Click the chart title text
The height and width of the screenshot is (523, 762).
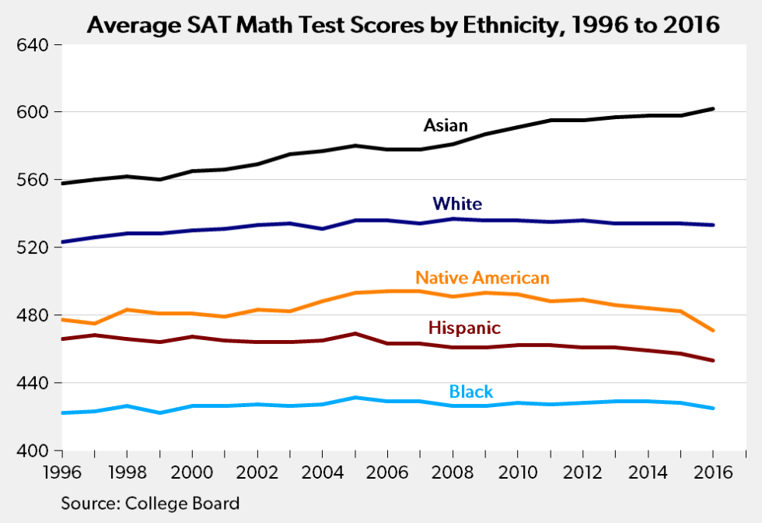pyautogui.click(x=403, y=25)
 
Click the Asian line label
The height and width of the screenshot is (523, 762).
pyautogui.click(x=446, y=125)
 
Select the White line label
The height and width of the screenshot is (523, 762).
pyautogui.click(x=457, y=204)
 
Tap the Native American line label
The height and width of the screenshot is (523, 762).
pyautogui.click(x=482, y=277)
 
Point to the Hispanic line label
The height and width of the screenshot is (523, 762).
pyautogui.click(x=464, y=328)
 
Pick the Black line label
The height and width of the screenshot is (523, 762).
pyautogui.click(x=471, y=391)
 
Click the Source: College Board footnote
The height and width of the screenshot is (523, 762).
pyautogui.click(x=150, y=503)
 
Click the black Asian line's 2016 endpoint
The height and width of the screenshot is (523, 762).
pyautogui.click(x=713, y=109)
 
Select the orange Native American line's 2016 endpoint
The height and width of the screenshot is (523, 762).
pyautogui.click(x=713, y=331)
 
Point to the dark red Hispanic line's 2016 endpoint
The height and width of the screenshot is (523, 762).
pyautogui.click(x=713, y=360)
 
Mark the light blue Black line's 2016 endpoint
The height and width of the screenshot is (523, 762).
pyautogui.click(x=713, y=408)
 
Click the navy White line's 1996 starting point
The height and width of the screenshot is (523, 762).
pyautogui.click(x=62, y=242)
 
